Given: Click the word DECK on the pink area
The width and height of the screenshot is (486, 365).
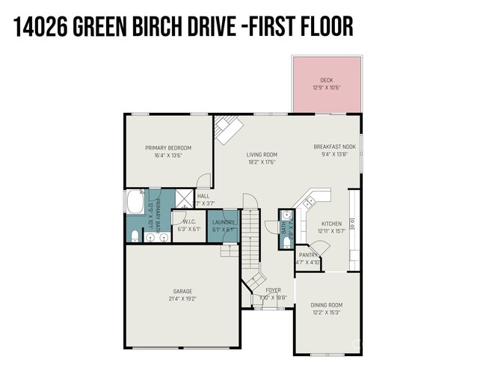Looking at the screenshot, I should tap(327, 80).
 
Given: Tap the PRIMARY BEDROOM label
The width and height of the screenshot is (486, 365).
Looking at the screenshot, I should tap(168, 147).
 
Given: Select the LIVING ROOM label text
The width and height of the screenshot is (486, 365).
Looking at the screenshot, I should tap(262, 155).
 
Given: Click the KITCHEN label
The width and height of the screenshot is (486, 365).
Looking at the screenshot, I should tap(331, 224).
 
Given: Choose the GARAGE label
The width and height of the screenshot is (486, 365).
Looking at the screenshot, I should tap(182, 291).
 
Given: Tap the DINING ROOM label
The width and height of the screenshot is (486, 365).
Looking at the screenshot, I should tap(326, 304).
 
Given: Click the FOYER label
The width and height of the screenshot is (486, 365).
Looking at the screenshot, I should tap(274, 290).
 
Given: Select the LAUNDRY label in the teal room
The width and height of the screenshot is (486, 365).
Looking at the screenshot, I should tap(224, 222).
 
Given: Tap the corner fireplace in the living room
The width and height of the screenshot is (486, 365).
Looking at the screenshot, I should tap(225, 130).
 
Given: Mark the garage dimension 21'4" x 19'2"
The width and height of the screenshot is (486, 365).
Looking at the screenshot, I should tap(182, 298).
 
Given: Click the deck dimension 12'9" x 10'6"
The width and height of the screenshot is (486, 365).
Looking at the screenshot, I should tap(327, 88).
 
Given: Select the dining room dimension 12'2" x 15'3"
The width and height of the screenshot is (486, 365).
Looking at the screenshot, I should tap(326, 312).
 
